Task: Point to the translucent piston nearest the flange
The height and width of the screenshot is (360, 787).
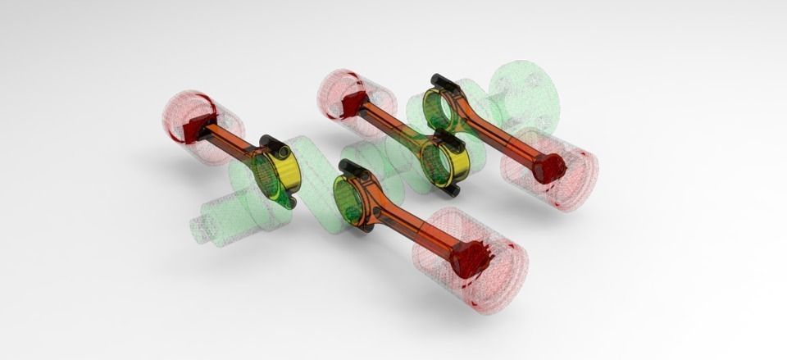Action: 557,176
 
